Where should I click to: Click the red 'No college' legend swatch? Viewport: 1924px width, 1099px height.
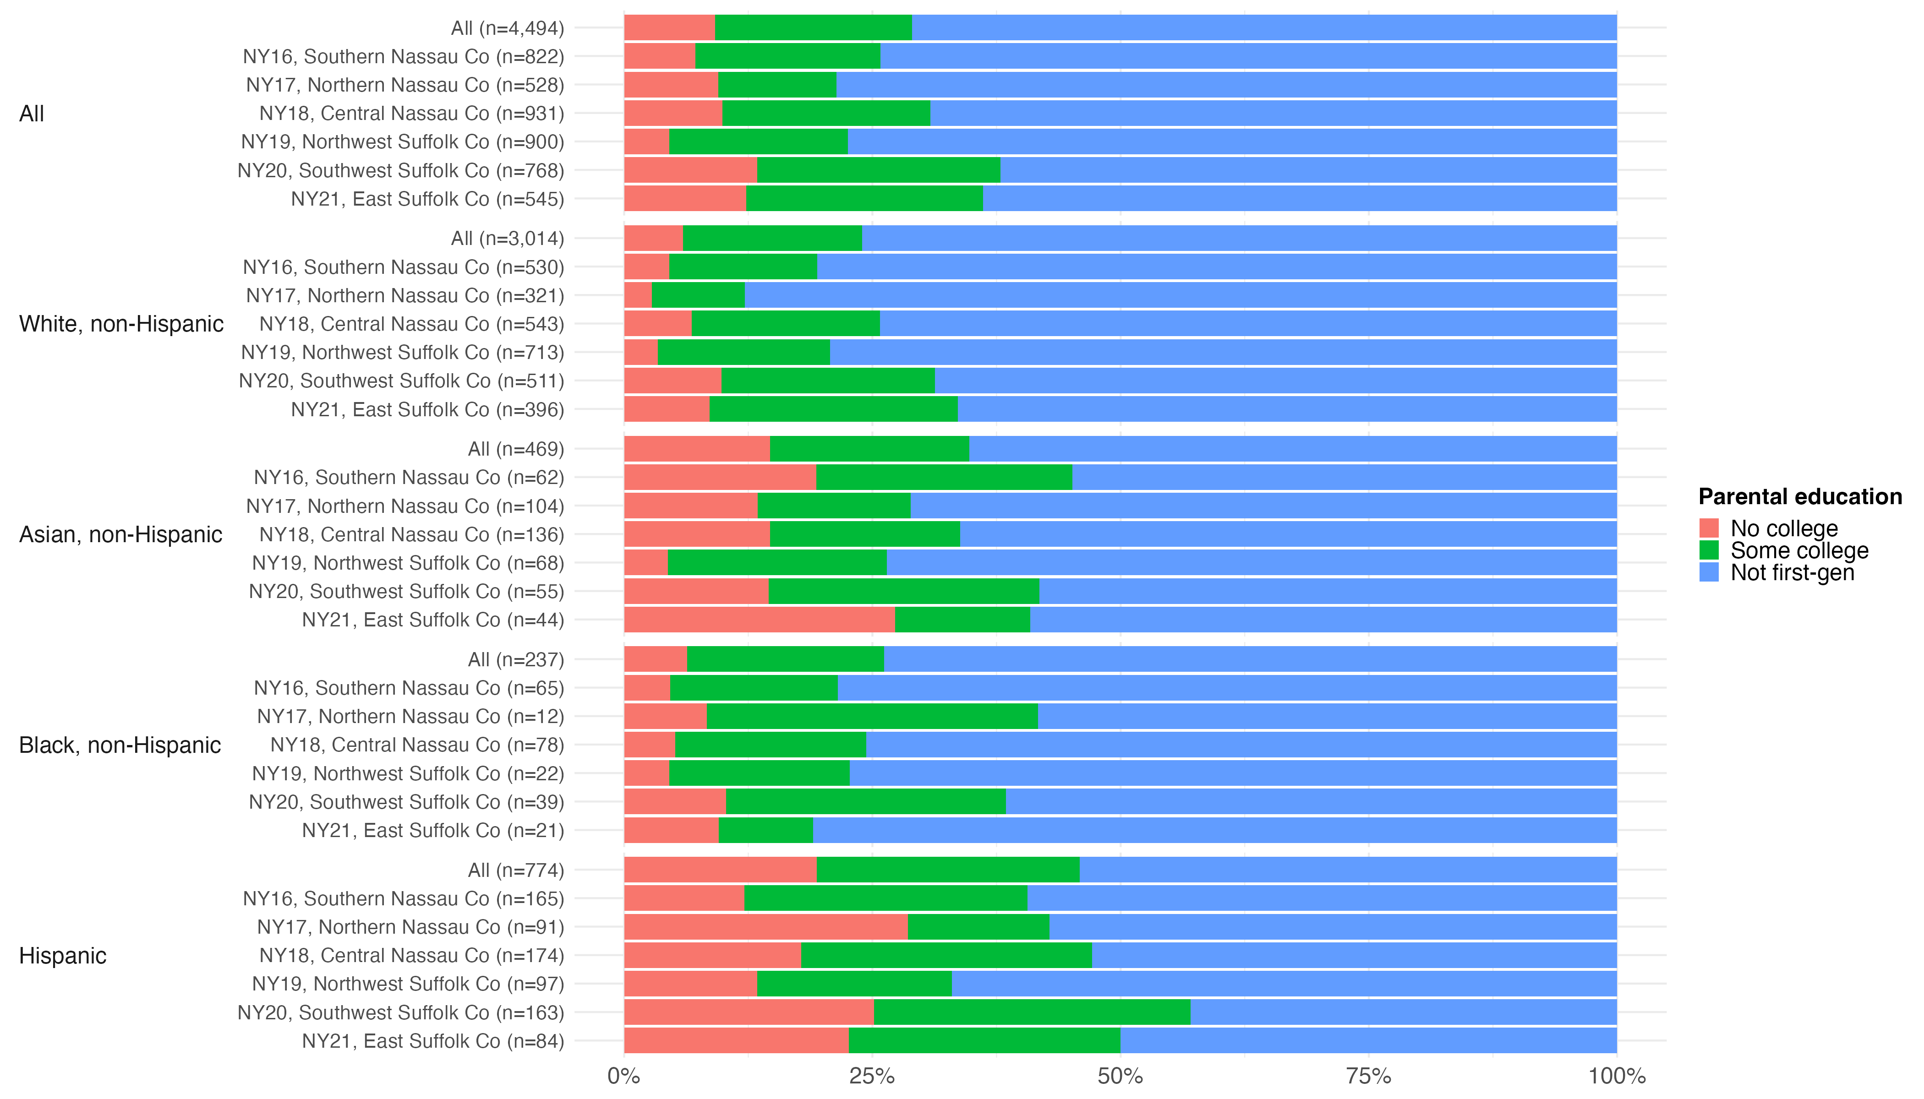[1709, 528]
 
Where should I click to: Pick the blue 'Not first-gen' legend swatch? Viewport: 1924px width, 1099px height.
[1709, 572]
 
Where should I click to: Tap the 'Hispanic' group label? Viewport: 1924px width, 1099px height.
[63, 956]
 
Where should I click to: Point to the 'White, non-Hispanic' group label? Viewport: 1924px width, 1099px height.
[121, 324]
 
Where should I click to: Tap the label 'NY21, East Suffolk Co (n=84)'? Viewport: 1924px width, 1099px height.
[433, 1041]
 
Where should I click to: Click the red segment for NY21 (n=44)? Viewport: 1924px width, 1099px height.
[759, 620]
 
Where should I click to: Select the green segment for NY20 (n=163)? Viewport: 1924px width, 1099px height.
[1032, 1012]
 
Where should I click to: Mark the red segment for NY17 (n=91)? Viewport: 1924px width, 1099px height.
[765, 927]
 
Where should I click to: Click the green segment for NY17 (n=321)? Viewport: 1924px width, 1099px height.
[698, 295]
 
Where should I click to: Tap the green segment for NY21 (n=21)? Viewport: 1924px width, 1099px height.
[765, 830]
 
